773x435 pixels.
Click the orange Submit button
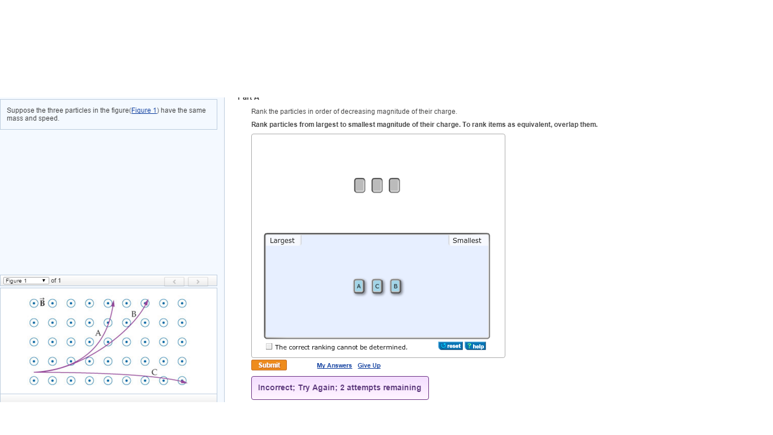(269, 365)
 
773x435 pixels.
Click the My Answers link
(334, 366)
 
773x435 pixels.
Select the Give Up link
(369, 366)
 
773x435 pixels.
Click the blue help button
(475, 346)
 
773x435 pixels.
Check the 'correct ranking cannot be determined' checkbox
(269, 347)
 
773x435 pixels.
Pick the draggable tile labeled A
(359, 287)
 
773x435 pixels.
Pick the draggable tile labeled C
(377, 287)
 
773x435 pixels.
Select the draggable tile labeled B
(396, 287)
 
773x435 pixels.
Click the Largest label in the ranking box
(282, 241)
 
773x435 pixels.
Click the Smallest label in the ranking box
(467, 241)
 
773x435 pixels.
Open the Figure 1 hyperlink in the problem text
(144, 110)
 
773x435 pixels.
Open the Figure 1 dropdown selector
(26, 281)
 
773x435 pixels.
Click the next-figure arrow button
(198, 282)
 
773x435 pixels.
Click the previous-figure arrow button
(174, 282)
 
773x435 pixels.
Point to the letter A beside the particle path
(98, 333)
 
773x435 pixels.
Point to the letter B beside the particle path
(134, 314)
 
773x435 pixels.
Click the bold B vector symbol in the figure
(42, 303)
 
